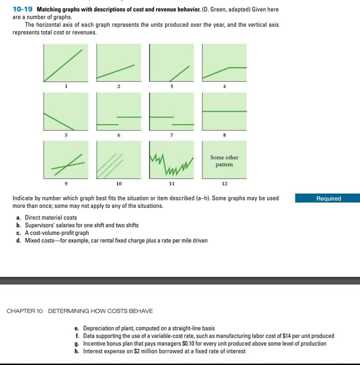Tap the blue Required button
pos(328,199)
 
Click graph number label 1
pos(66,86)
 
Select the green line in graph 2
pos(116,71)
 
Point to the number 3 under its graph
pos(172,86)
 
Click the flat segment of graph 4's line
pos(237,67)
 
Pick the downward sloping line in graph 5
pos(59,122)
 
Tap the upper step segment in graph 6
pos(129,117)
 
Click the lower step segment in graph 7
pos(183,124)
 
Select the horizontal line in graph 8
pos(224,112)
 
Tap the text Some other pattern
pos(224,161)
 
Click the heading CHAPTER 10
pos(25,311)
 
